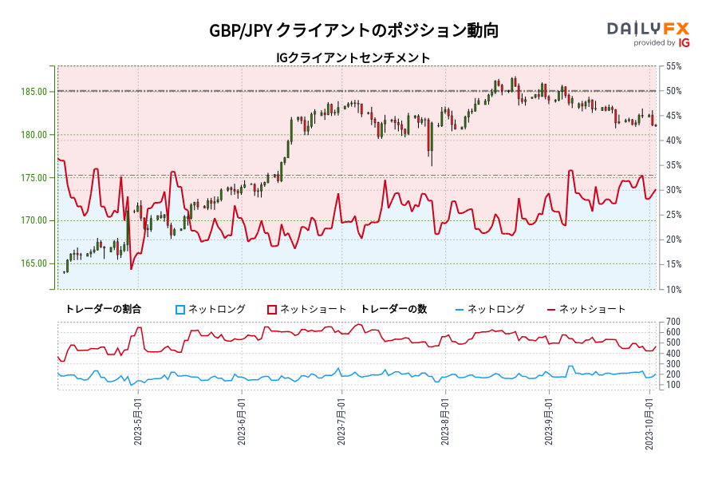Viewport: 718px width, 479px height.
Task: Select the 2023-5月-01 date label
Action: pyautogui.click(x=139, y=420)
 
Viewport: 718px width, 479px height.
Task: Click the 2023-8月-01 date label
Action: pyautogui.click(x=445, y=420)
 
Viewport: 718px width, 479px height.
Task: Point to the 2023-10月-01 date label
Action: pyautogui.click(x=651, y=420)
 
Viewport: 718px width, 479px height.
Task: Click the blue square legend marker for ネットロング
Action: pyautogui.click(x=180, y=309)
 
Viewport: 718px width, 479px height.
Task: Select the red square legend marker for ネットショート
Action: pyautogui.click(x=272, y=309)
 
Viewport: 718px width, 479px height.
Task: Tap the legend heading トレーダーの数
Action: pyautogui.click(x=396, y=309)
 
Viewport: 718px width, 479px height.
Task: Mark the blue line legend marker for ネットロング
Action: pyautogui.click(x=459, y=309)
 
